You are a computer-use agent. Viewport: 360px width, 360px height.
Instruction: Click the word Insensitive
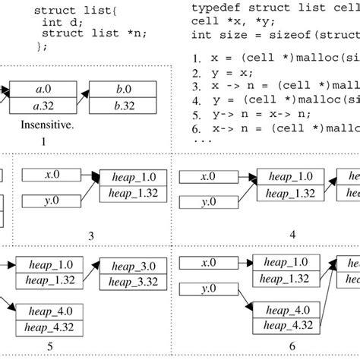(x=43, y=122)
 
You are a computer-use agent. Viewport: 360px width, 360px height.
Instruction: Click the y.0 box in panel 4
(x=207, y=201)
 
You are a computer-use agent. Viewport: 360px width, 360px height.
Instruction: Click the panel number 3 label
(x=91, y=236)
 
